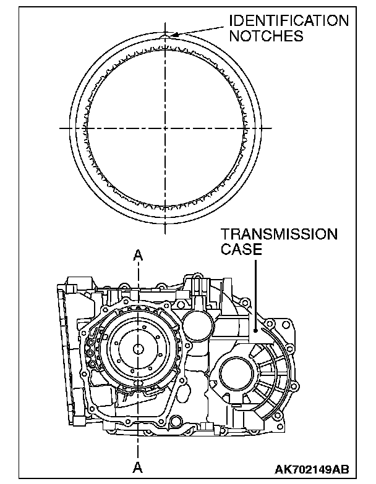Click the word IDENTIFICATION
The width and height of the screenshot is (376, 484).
288,22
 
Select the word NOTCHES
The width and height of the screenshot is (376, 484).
267,36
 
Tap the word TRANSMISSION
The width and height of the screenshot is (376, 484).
280,235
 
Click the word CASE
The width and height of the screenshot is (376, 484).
241,249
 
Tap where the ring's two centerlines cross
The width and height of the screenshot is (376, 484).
166,128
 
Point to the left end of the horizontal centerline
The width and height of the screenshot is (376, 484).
61,128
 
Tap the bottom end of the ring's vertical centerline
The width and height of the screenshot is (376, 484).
166,233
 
